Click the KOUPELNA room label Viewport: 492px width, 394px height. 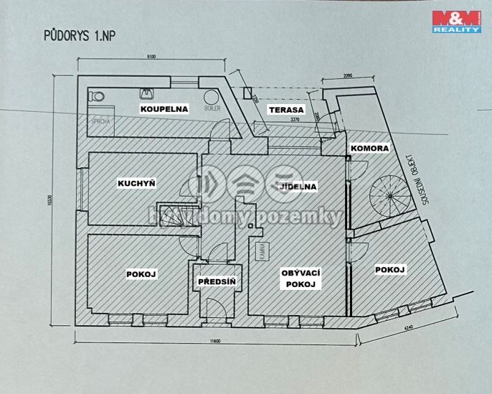point(164,109)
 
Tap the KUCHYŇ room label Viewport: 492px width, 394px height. point(137,184)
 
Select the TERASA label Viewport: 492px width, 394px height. point(286,110)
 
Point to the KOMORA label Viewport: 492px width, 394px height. point(369,149)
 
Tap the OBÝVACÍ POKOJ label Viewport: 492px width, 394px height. point(300,278)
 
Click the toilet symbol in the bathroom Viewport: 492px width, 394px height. point(96,96)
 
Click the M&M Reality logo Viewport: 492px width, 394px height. point(455,22)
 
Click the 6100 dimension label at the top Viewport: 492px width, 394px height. point(151,57)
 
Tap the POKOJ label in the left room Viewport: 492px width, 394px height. point(141,274)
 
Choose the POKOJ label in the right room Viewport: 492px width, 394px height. point(390,270)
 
